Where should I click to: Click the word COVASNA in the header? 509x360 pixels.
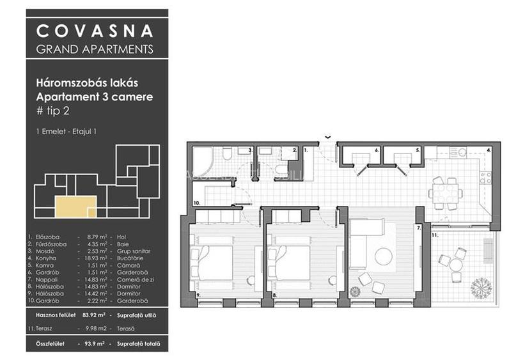tap(94, 31)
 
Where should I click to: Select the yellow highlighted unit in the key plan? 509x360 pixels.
tap(75, 207)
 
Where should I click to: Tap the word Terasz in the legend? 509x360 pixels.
tap(46, 329)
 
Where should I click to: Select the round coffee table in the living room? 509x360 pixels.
tap(384, 256)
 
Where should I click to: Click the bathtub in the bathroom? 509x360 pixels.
tap(204, 157)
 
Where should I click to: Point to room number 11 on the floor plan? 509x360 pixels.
tap(435, 236)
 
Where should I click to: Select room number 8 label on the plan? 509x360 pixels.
tap(274, 295)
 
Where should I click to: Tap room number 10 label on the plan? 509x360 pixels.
tap(196, 203)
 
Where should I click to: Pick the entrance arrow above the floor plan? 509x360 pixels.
tap(328, 136)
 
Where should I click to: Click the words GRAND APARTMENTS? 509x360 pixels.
tap(94, 49)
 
